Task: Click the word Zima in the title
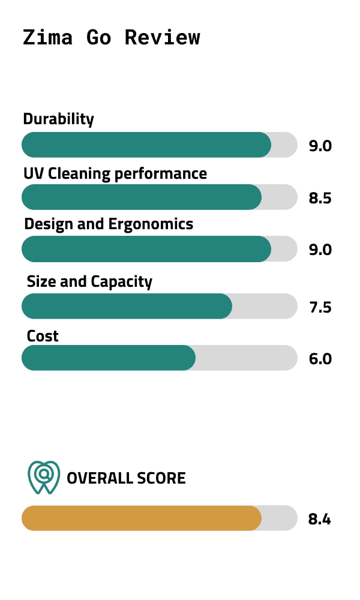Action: click(x=48, y=37)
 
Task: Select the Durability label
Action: click(x=58, y=119)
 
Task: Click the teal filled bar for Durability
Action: click(x=146, y=145)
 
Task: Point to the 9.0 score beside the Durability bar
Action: click(x=320, y=146)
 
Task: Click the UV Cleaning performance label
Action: click(x=115, y=174)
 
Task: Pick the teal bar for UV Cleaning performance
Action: click(x=141, y=197)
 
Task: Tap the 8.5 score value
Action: click(x=320, y=198)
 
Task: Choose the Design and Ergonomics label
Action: click(x=109, y=224)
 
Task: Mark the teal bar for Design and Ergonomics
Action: click(x=146, y=249)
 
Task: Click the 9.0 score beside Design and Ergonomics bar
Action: click(x=320, y=250)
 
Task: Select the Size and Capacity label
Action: click(x=89, y=281)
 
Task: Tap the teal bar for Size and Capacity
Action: click(x=127, y=306)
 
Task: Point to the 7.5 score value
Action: click(x=320, y=307)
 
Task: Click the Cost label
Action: click(x=43, y=336)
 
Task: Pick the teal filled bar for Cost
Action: click(x=108, y=358)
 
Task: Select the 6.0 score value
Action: click(x=320, y=359)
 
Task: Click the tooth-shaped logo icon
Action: click(x=43, y=478)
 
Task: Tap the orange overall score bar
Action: click(x=141, y=518)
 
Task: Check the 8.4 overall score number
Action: click(x=319, y=519)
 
